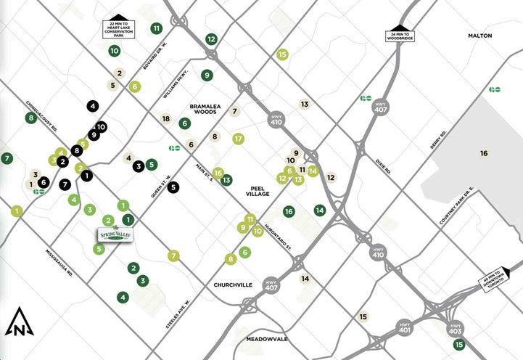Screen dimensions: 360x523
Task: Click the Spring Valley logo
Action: click(x=115, y=236)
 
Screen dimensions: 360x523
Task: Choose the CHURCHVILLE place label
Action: click(x=228, y=285)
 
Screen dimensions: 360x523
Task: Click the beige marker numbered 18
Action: click(x=165, y=118)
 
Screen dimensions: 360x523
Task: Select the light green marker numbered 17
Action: click(x=237, y=139)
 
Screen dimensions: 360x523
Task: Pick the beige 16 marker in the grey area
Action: click(x=483, y=153)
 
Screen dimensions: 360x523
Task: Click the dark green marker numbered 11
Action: click(x=157, y=28)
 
